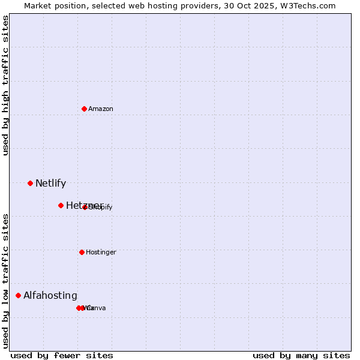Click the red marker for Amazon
85,109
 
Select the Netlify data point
30,183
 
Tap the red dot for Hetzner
61,205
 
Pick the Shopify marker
85,207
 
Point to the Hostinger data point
82,252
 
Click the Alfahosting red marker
18,295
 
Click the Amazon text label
101,109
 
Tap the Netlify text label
50,184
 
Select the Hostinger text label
101,252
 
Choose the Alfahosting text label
50,296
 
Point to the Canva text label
96,308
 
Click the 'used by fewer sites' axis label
62,355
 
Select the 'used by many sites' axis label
301,355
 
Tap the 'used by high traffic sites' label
6,85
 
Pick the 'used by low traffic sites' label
6,281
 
